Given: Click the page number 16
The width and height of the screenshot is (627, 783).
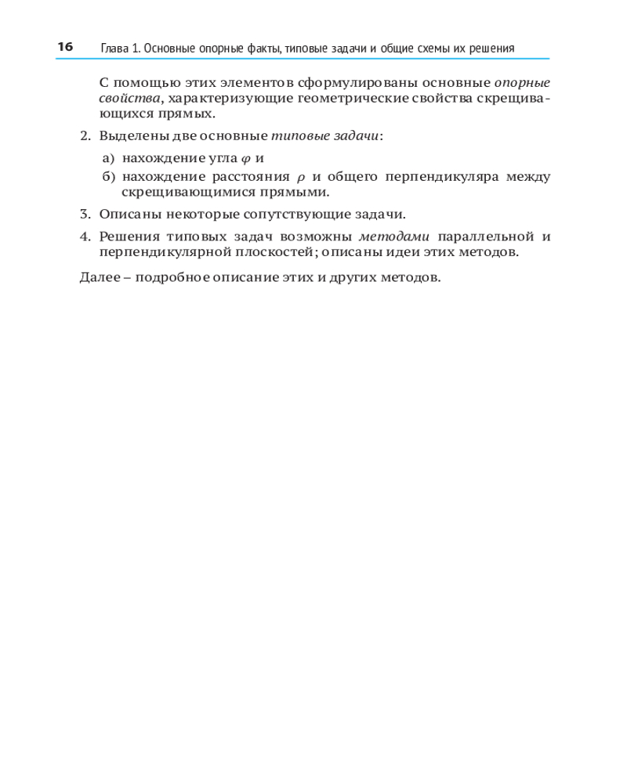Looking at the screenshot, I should pyautogui.click(x=64, y=47).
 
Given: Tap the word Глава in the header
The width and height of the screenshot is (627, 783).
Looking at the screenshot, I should pyautogui.click(x=115, y=49).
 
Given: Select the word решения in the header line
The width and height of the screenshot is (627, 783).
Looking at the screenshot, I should pyautogui.click(x=491, y=49).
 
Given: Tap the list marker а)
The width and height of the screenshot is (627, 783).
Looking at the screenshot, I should pyautogui.click(x=108, y=158).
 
